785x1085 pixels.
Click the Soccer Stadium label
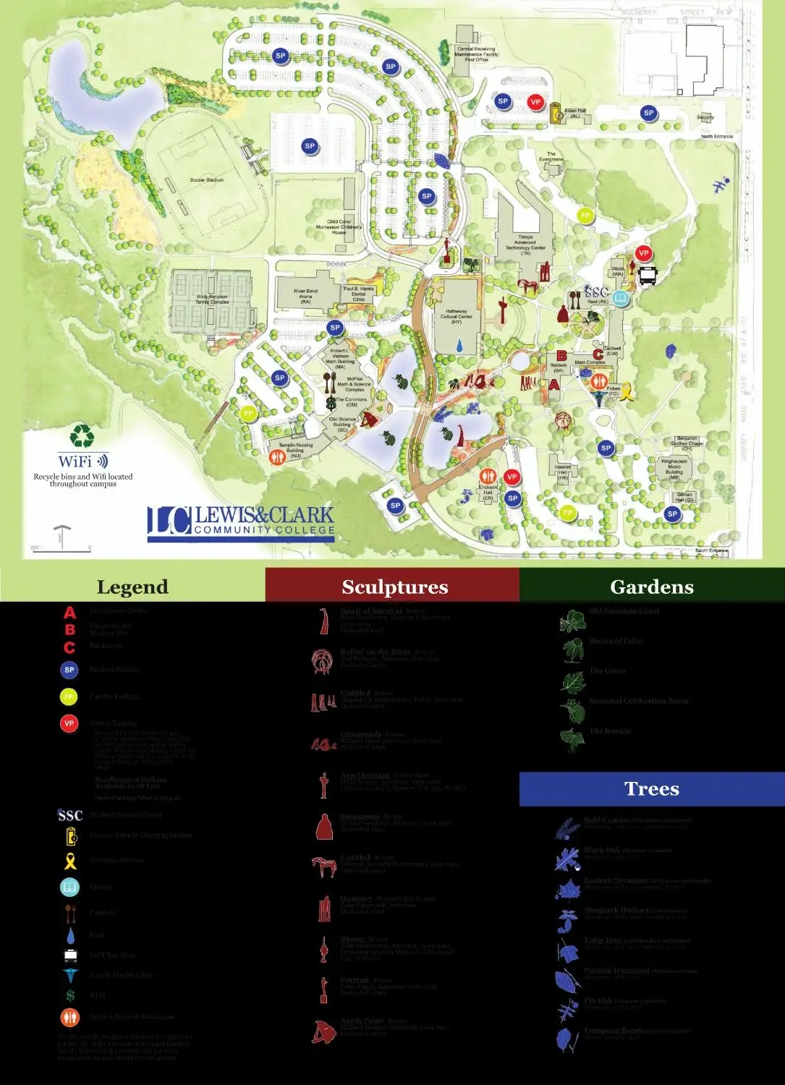click(x=207, y=180)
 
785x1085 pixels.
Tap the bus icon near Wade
click(x=648, y=275)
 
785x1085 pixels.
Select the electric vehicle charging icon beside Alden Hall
click(x=556, y=113)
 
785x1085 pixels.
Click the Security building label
click(x=705, y=117)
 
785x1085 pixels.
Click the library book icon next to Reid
click(x=620, y=297)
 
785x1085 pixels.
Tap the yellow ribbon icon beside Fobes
click(x=629, y=391)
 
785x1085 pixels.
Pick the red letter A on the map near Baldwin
click(x=553, y=385)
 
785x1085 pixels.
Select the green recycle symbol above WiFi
click(x=82, y=436)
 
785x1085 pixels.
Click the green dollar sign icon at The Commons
click(x=331, y=404)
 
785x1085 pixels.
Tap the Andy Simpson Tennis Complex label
click(x=212, y=299)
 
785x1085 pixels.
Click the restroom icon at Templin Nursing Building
click(x=276, y=456)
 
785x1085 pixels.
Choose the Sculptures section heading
click(x=394, y=587)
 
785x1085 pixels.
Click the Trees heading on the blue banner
click(x=651, y=788)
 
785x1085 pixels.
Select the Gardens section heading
click(x=651, y=587)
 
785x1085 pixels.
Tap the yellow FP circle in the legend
click(x=69, y=697)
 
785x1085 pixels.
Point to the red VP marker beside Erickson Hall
click(x=512, y=477)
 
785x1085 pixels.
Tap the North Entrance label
click(x=716, y=136)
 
